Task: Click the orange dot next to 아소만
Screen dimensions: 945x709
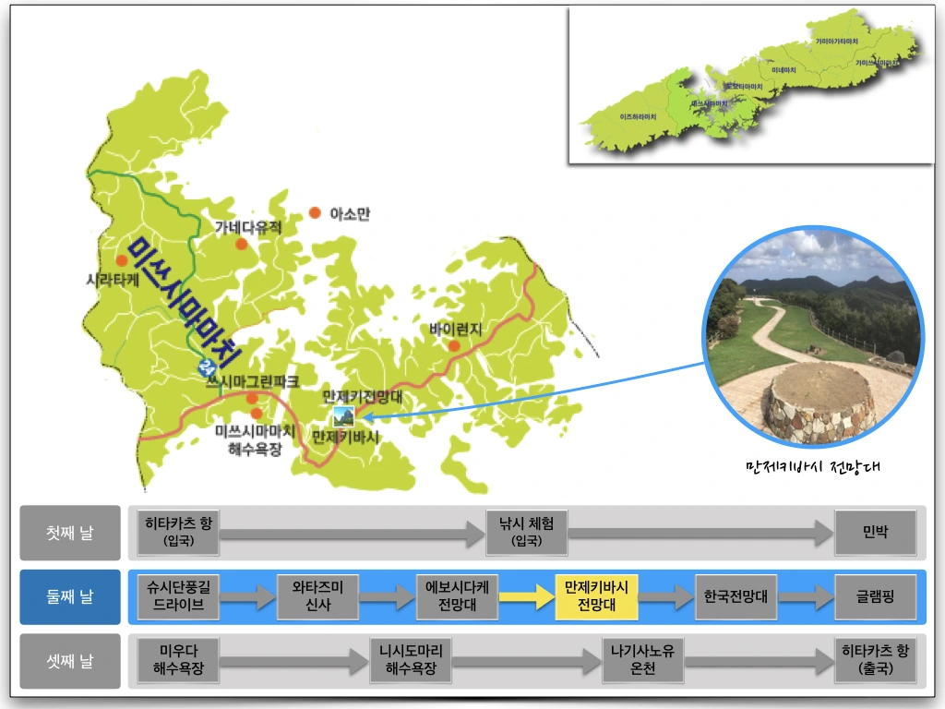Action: pyautogui.click(x=315, y=212)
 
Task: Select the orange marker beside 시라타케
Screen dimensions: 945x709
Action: pyautogui.click(x=121, y=260)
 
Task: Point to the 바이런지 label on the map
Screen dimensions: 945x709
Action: pyautogui.click(x=456, y=329)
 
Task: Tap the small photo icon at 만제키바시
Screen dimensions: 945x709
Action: pyautogui.click(x=342, y=415)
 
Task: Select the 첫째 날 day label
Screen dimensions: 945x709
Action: pyautogui.click(x=70, y=533)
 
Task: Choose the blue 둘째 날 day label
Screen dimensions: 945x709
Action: pyautogui.click(x=70, y=597)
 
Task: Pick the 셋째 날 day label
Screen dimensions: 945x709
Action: pyautogui.click(x=70, y=661)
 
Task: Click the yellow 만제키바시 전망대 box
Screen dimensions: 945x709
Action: pyautogui.click(x=596, y=597)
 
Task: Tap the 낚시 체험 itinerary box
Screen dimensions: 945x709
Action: pyautogui.click(x=527, y=533)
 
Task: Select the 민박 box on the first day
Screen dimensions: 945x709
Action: pyautogui.click(x=875, y=533)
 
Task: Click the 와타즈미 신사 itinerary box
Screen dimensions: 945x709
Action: pyautogui.click(x=317, y=597)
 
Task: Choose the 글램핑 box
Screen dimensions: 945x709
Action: pyautogui.click(x=875, y=597)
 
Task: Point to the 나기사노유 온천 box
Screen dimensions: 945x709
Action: pyautogui.click(x=642, y=661)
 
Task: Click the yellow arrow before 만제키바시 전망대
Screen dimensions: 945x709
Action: pyautogui.click(x=526, y=597)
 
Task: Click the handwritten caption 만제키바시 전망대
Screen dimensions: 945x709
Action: pyautogui.click(x=812, y=466)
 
